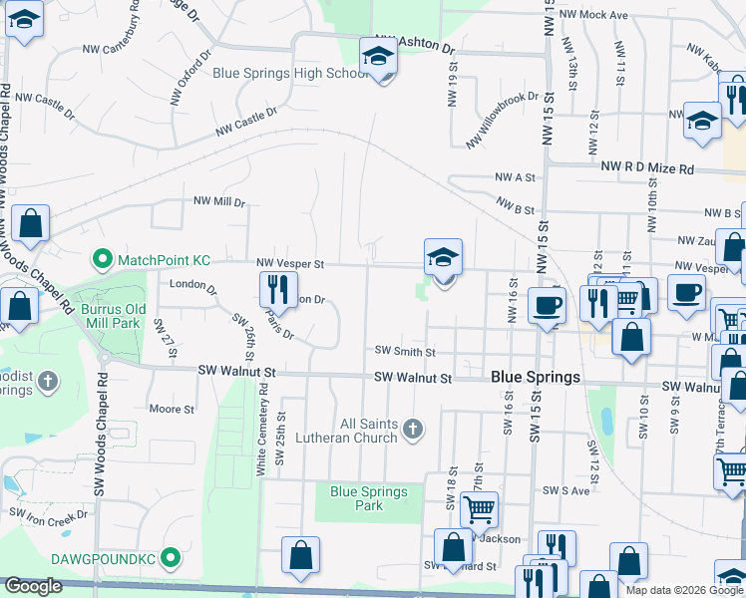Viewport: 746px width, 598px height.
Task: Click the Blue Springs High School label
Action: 290,74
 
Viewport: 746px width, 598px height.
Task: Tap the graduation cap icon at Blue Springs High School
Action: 378,56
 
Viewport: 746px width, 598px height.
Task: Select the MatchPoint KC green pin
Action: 101,260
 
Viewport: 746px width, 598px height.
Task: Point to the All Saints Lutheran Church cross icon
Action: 413,431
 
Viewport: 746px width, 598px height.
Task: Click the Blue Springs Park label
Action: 369,498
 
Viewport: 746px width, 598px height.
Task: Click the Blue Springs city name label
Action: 537,378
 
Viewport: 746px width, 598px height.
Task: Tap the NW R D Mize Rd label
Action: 647,169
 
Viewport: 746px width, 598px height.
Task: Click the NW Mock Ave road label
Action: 593,15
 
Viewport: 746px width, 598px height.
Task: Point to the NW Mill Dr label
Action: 219,201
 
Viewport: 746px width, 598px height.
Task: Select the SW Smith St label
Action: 405,352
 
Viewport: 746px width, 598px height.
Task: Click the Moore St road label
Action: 171,409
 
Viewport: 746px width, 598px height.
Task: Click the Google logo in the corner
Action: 33,586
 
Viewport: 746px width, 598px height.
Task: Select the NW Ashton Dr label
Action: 414,46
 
